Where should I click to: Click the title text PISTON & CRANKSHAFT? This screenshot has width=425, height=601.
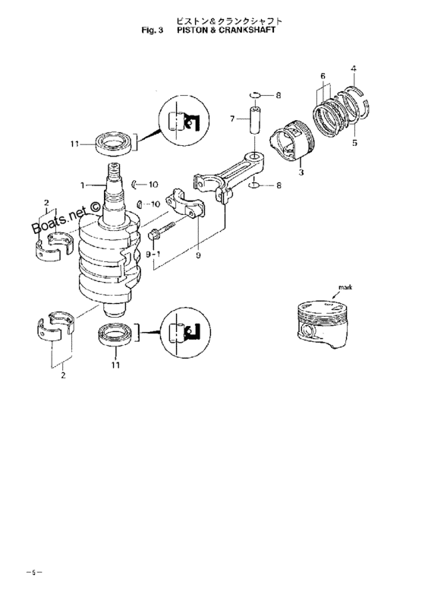click(225, 33)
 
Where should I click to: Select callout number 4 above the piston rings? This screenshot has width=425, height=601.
click(352, 70)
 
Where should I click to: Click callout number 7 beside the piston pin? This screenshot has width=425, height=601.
click(233, 119)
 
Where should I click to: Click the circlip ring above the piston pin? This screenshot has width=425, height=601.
click(257, 94)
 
